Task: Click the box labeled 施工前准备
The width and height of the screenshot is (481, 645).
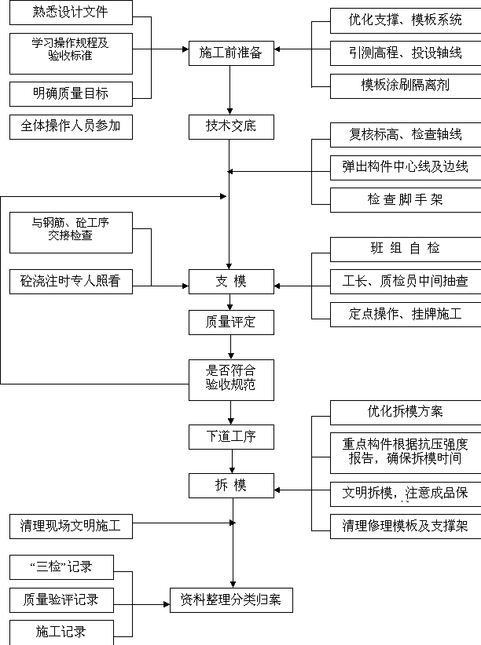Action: [x=231, y=53]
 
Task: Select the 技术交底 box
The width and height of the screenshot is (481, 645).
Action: [x=231, y=127]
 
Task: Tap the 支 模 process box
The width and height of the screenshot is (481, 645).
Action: [x=231, y=282]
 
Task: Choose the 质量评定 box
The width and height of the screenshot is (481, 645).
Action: [x=231, y=322]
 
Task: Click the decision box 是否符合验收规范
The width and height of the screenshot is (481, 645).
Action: [x=231, y=380]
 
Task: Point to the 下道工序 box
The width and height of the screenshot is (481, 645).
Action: [x=231, y=437]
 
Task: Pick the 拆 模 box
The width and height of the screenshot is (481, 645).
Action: [x=231, y=486]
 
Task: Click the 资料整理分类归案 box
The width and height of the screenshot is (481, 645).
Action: [x=231, y=600]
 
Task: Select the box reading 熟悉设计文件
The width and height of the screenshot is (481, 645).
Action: [x=71, y=13]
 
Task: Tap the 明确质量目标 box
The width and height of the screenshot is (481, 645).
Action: [x=71, y=94]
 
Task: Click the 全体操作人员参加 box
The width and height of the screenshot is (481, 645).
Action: [x=71, y=127]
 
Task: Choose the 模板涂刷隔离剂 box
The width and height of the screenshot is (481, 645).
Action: [x=406, y=86]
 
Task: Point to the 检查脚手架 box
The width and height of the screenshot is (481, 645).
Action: [x=406, y=200]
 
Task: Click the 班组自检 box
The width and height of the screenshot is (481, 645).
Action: [x=406, y=249]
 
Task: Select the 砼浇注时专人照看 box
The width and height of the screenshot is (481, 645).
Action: [x=71, y=282]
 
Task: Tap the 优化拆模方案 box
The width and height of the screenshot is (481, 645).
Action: [x=406, y=412]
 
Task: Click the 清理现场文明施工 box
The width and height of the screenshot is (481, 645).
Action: [x=71, y=527]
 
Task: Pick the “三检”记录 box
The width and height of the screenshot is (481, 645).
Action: [x=61, y=567]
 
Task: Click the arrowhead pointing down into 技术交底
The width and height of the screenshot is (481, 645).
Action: [x=230, y=111]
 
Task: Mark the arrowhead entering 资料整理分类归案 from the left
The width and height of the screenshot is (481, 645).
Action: [x=167, y=604]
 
